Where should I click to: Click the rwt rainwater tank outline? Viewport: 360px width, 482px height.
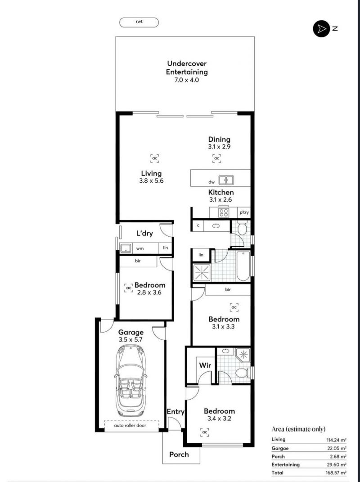click(x=139, y=23)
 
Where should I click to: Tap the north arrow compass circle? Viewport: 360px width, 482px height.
click(x=321, y=29)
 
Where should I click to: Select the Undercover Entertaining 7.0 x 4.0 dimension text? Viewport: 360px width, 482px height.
click(x=187, y=80)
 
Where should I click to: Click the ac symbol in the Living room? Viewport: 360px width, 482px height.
click(x=155, y=158)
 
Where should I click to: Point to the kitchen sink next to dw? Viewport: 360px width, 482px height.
click(x=226, y=180)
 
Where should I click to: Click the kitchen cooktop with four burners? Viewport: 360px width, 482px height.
click(x=224, y=212)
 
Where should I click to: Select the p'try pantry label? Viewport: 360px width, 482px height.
click(x=244, y=212)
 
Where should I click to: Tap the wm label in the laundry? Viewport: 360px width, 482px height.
click(x=140, y=248)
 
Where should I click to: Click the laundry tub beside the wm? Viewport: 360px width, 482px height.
click(x=126, y=248)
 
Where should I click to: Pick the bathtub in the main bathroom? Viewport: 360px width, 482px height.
click(x=243, y=266)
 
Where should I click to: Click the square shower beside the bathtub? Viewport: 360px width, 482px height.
click(x=202, y=273)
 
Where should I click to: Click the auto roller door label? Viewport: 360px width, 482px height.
click(x=130, y=426)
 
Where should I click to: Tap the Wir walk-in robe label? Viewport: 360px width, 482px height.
click(x=205, y=365)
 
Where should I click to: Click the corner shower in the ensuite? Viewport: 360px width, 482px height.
click(x=243, y=356)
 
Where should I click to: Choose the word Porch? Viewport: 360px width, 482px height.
click(x=179, y=455)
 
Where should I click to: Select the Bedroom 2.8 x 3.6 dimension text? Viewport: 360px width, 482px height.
click(x=149, y=293)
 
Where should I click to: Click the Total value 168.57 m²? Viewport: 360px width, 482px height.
click(x=336, y=473)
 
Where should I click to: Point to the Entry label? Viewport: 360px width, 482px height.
click(x=175, y=412)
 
